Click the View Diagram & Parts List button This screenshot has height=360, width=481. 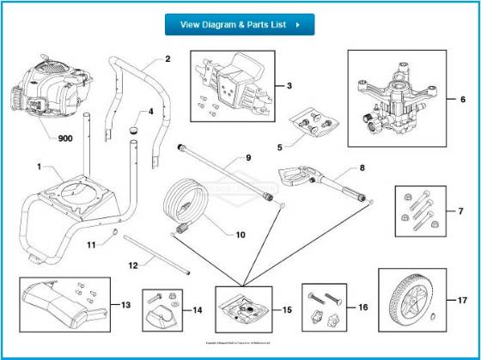(x=240, y=25)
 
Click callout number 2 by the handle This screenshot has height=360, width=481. (x=167, y=59)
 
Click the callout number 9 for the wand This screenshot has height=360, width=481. (x=247, y=158)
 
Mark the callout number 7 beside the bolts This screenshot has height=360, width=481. (x=460, y=210)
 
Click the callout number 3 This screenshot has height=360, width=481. (x=289, y=86)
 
